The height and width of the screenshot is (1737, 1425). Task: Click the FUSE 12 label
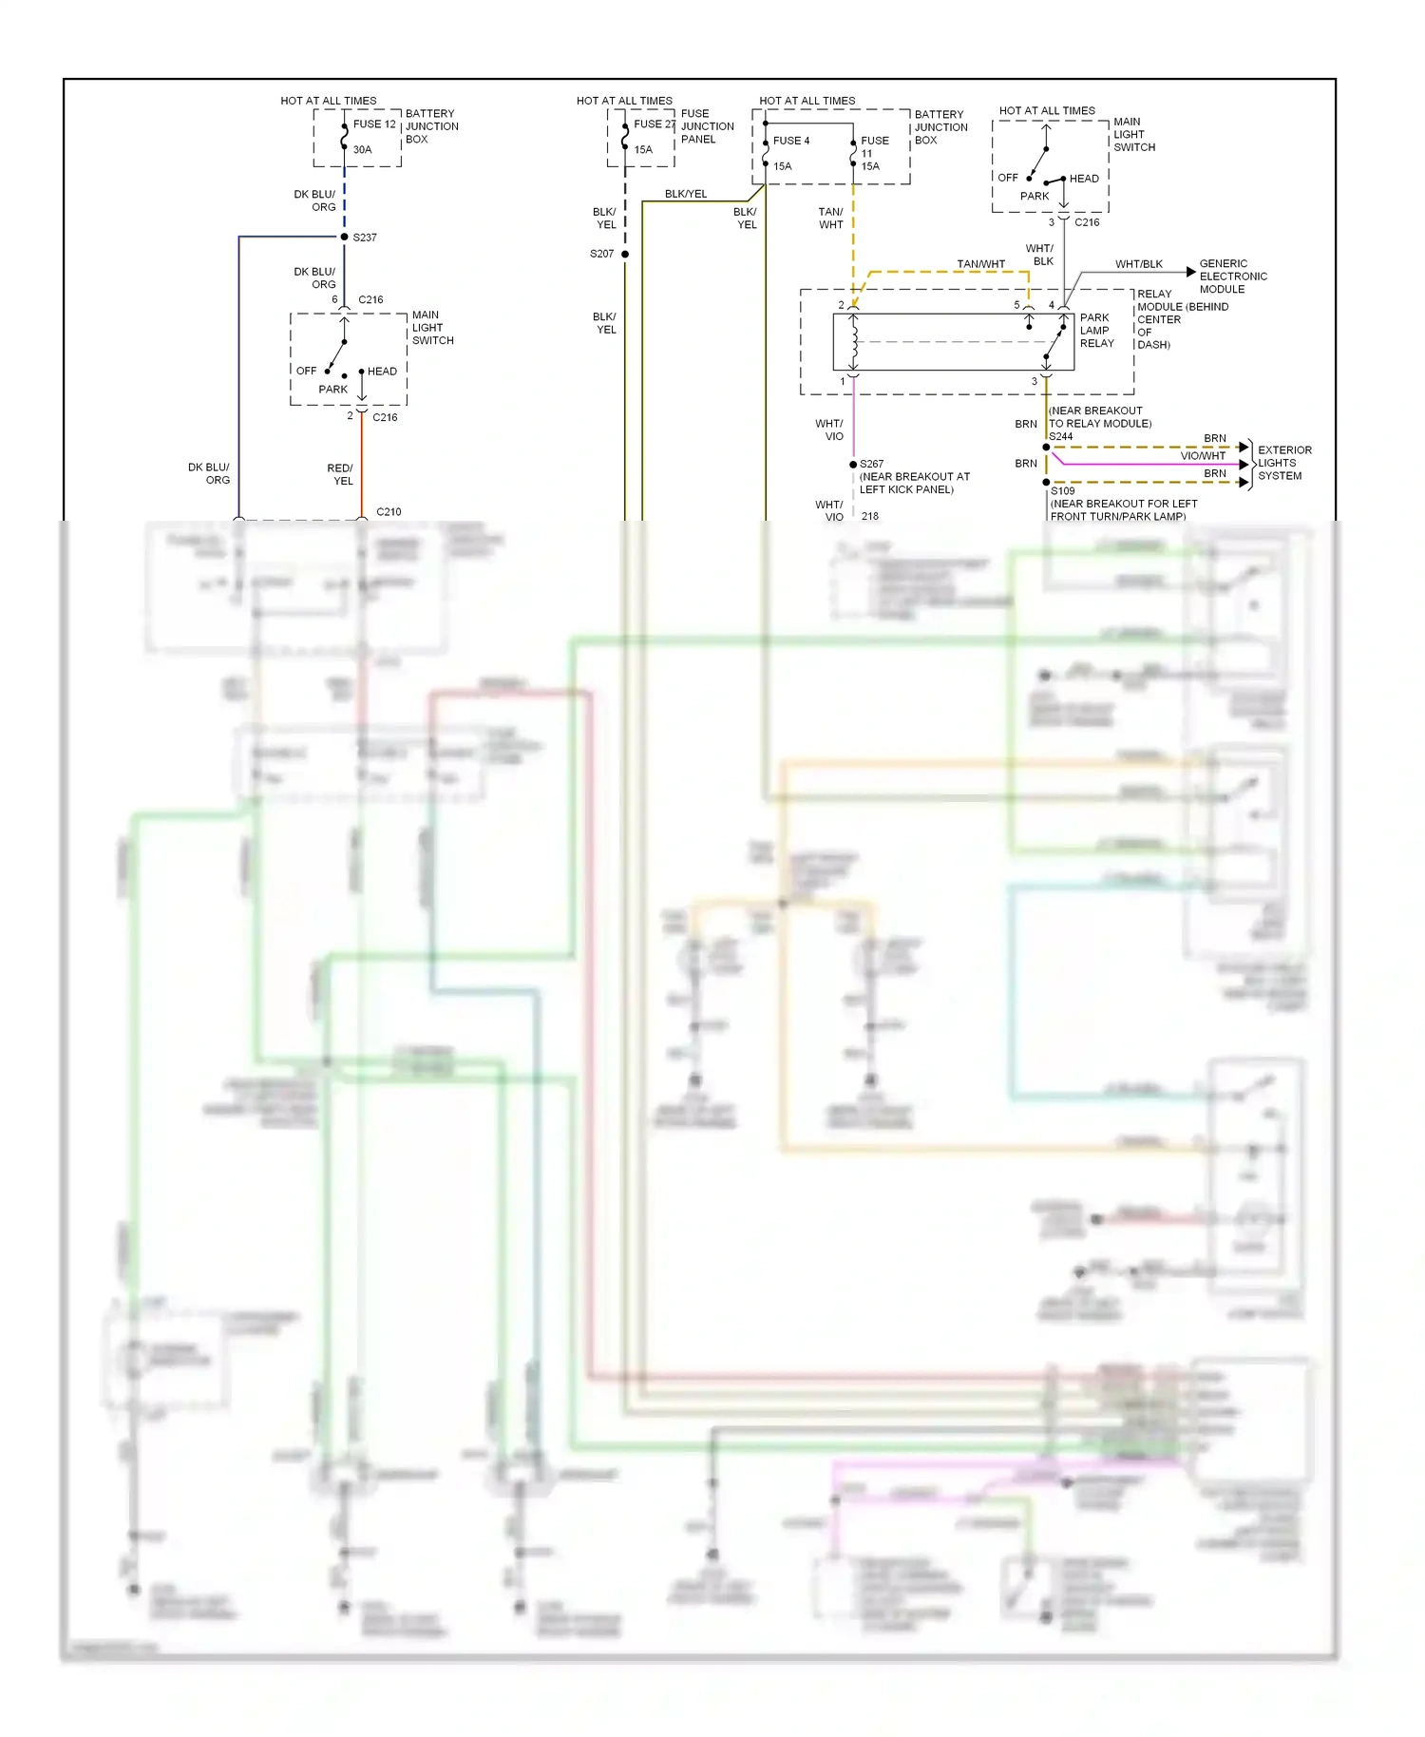pos(373,124)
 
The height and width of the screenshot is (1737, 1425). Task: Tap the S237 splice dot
pos(344,237)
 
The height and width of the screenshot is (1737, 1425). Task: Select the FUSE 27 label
pos(655,124)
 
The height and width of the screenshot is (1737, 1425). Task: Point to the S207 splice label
pos(601,254)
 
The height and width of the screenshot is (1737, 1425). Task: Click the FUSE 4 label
pos(790,141)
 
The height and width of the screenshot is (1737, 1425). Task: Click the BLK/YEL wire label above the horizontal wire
pos(686,194)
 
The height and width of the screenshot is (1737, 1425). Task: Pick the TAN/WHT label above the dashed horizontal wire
pos(980,264)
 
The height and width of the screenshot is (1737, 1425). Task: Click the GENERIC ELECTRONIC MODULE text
pos(1232,277)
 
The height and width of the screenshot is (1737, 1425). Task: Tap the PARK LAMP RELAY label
pos(1096,331)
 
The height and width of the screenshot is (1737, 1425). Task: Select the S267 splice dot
pos(853,465)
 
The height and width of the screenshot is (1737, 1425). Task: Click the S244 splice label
pos(1060,437)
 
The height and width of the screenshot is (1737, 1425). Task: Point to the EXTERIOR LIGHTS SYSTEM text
pos(1283,463)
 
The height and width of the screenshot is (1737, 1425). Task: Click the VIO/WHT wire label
pos(1202,456)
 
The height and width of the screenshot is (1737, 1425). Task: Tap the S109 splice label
pos(1062,491)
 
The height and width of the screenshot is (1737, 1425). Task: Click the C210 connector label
pos(389,512)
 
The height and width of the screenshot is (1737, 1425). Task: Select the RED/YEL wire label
pos(340,474)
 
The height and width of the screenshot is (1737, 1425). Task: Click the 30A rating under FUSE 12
pos(362,150)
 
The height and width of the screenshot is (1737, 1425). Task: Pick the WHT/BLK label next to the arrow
pos(1138,264)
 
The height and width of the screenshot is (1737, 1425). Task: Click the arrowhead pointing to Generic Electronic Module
pos(1190,272)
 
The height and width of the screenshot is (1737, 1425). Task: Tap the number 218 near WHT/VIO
pos(870,517)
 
